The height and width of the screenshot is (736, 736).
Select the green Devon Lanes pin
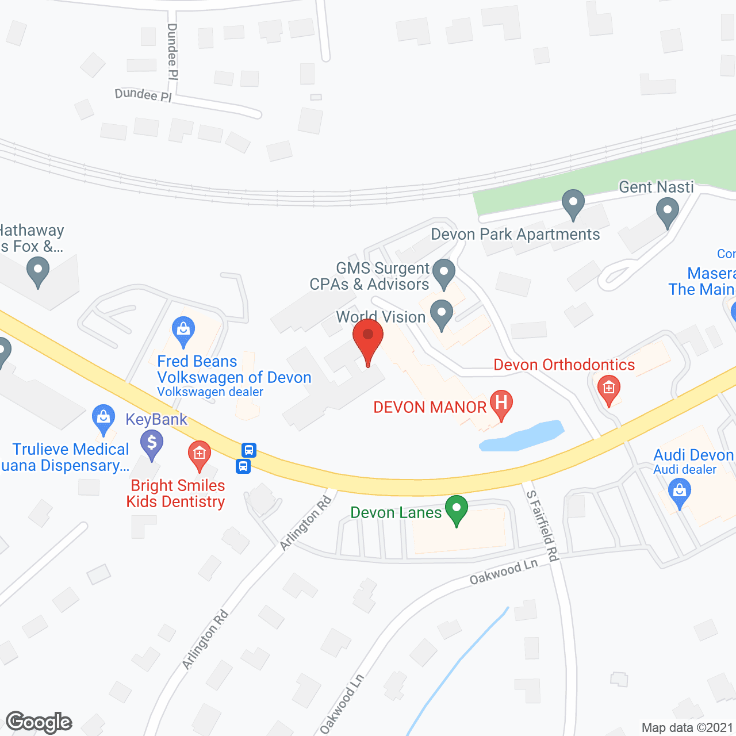(457, 509)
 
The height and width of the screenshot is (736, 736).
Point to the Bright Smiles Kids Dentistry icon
(199, 454)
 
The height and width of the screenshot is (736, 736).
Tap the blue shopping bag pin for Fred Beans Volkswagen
(183, 331)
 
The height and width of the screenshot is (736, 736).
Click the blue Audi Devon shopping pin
(680, 493)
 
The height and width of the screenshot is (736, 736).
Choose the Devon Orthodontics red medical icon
(608, 389)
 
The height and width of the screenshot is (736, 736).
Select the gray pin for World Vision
(442, 314)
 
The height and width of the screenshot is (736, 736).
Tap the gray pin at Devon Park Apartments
(573, 204)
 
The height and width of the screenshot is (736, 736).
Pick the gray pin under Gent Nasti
(667, 211)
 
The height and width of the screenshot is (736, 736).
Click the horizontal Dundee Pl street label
(143, 95)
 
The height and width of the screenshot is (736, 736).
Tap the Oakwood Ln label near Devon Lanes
(504, 572)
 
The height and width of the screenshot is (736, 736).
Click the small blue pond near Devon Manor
(521, 436)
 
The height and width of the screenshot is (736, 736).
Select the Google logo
(39, 722)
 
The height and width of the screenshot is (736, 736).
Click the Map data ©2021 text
(687, 727)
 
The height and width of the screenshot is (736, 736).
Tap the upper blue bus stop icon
(249, 449)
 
